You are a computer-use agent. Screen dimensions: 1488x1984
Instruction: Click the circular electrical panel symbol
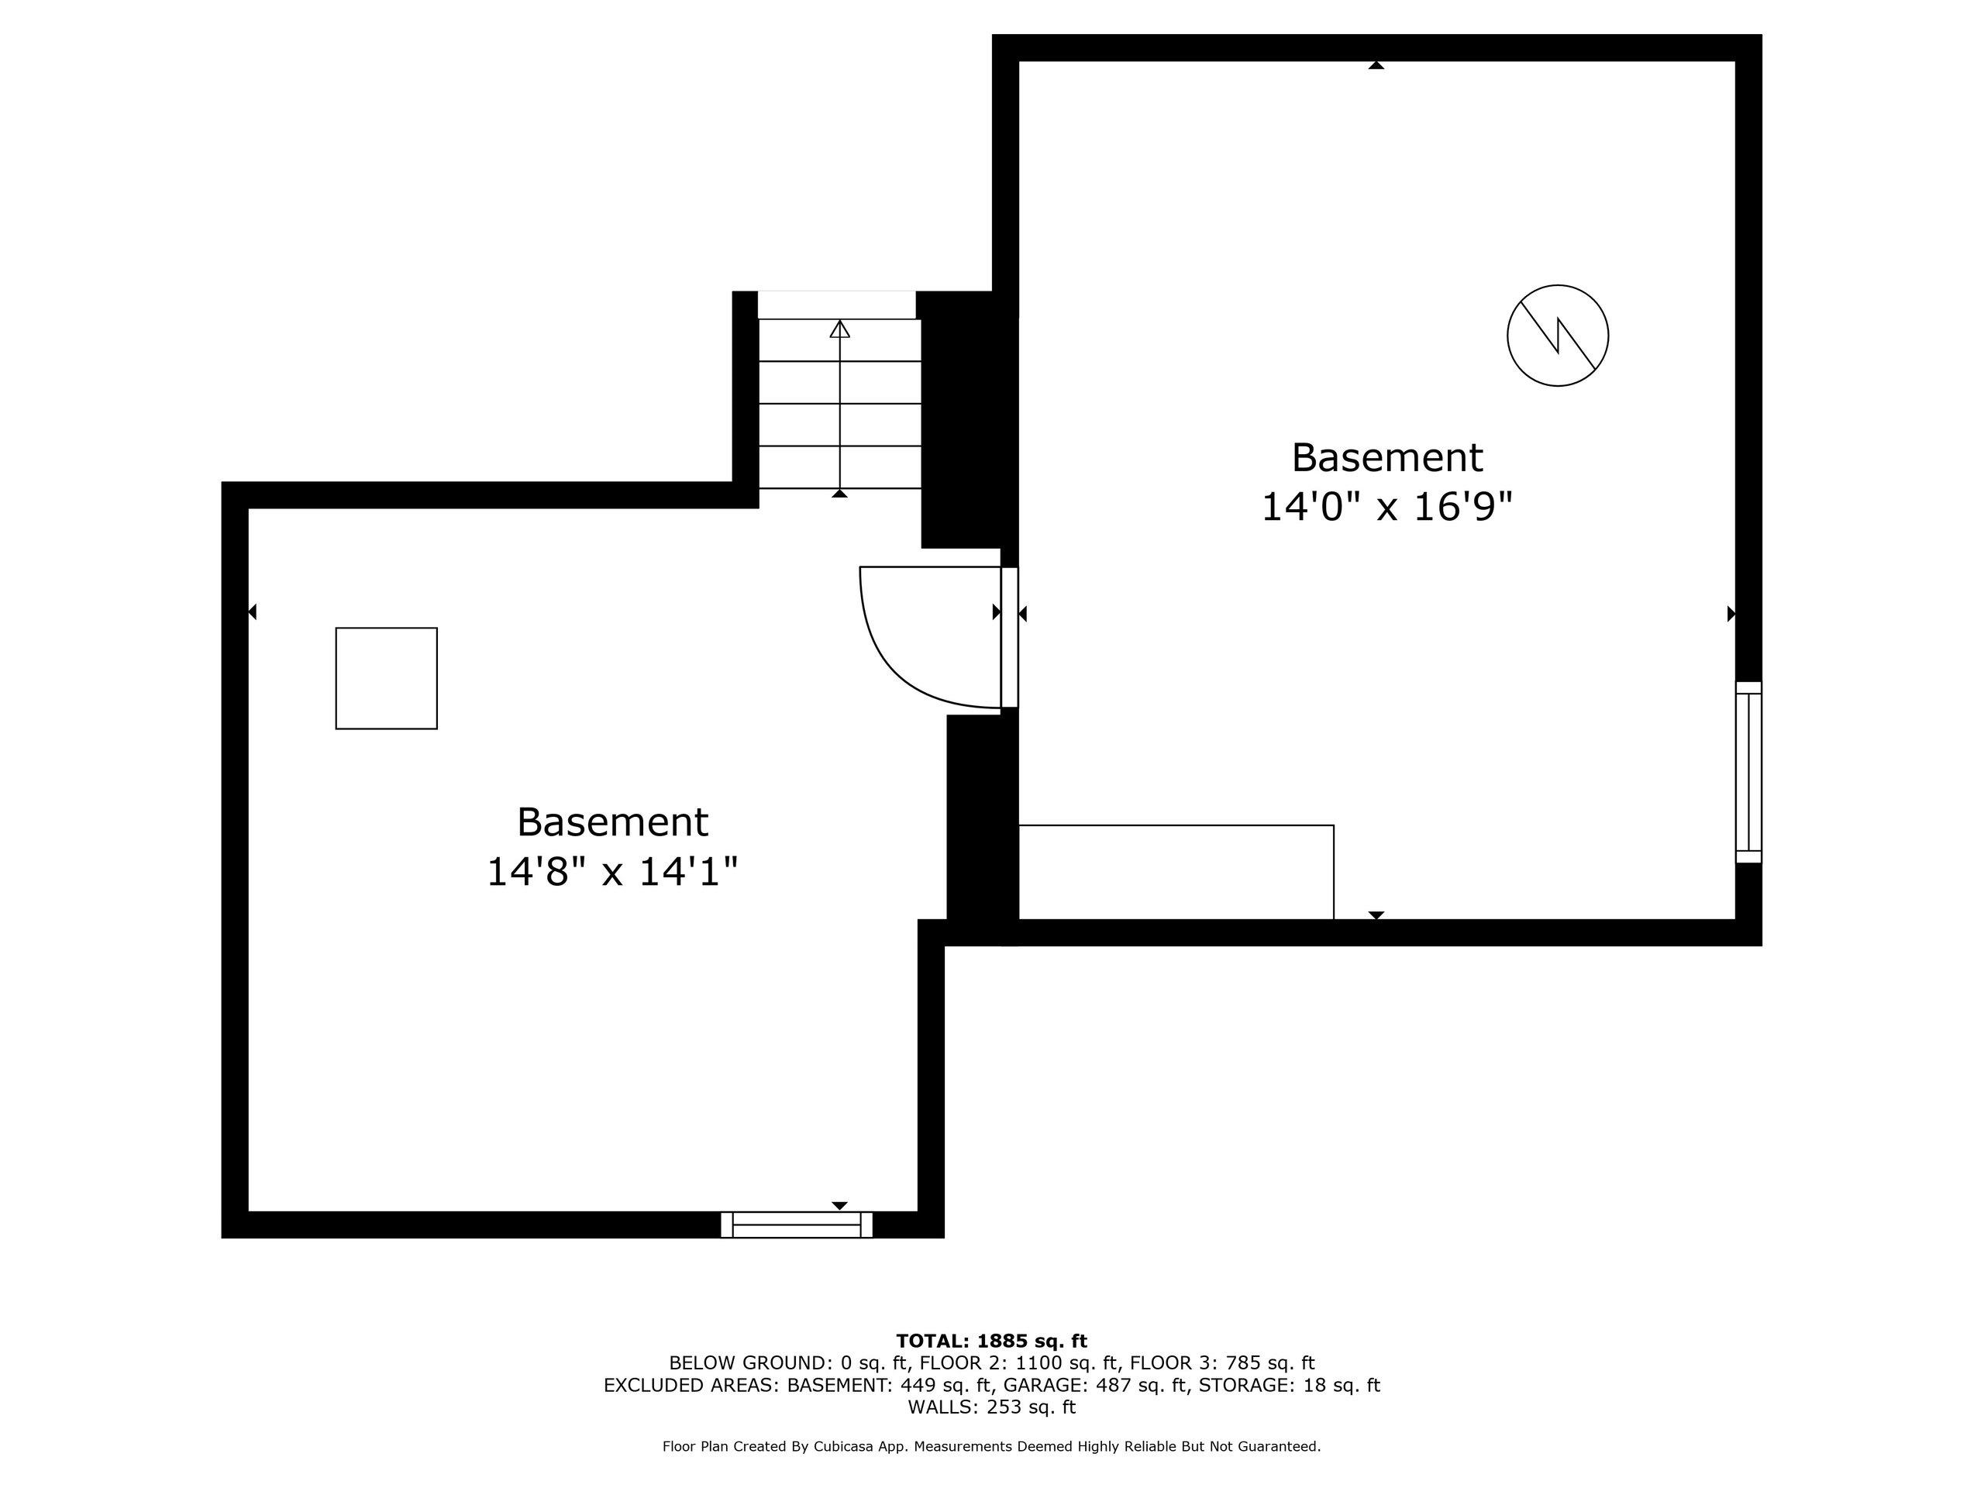[x=1557, y=336]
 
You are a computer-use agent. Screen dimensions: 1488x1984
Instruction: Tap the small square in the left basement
[x=387, y=678]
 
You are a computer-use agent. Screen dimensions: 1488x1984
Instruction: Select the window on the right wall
[x=1748, y=772]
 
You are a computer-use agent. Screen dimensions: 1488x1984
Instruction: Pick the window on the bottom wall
[x=797, y=1224]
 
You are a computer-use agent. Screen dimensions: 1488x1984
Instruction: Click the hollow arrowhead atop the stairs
[x=839, y=329]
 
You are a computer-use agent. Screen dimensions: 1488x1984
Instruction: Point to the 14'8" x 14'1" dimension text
[x=611, y=871]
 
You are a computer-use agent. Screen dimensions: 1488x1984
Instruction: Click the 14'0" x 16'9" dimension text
[x=1386, y=507]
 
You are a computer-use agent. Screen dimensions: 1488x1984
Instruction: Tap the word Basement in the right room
[x=1386, y=457]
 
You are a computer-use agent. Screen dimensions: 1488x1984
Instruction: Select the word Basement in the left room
[x=611, y=821]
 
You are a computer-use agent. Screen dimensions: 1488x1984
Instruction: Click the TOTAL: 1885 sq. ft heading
[x=991, y=1341]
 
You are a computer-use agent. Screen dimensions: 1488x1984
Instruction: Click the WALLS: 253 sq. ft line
[x=991, y=1407]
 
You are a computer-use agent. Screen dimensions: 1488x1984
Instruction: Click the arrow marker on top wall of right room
[x=1376, y=65]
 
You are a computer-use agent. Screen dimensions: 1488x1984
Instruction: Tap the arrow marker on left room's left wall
[x=253, y=611]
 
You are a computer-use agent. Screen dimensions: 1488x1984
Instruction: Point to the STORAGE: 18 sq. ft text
[x=1289, y=1385]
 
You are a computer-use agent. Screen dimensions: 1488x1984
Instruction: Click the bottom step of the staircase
[x=839, y=467]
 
